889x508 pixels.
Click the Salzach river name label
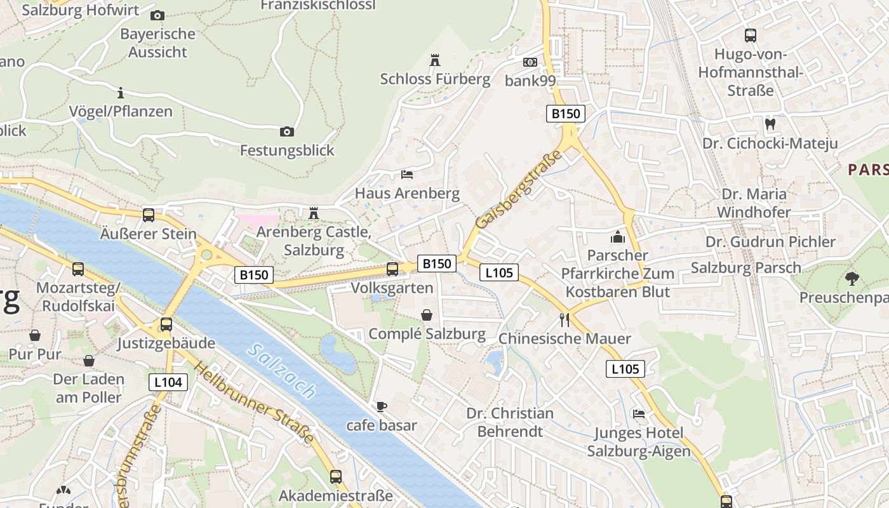283,371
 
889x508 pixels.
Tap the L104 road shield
168,382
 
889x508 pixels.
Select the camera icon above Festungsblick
287,132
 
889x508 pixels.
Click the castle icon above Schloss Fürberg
435,60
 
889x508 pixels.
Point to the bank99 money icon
530,62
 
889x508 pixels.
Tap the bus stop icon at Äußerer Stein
149,215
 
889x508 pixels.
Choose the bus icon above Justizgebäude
166,324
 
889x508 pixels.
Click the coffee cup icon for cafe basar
381,406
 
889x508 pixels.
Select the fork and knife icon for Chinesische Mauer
565,319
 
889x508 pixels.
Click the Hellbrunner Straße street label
254,403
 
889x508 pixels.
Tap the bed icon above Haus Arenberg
407,174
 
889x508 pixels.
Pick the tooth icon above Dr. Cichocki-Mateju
770,124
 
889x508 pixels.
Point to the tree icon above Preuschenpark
852,278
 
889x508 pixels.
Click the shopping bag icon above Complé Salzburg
427,315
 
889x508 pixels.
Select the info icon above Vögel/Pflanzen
121,93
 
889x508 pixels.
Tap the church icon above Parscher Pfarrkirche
618,237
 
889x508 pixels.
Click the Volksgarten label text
392,288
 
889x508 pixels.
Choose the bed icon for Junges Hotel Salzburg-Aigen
639,414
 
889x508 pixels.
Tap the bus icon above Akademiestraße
336,476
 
